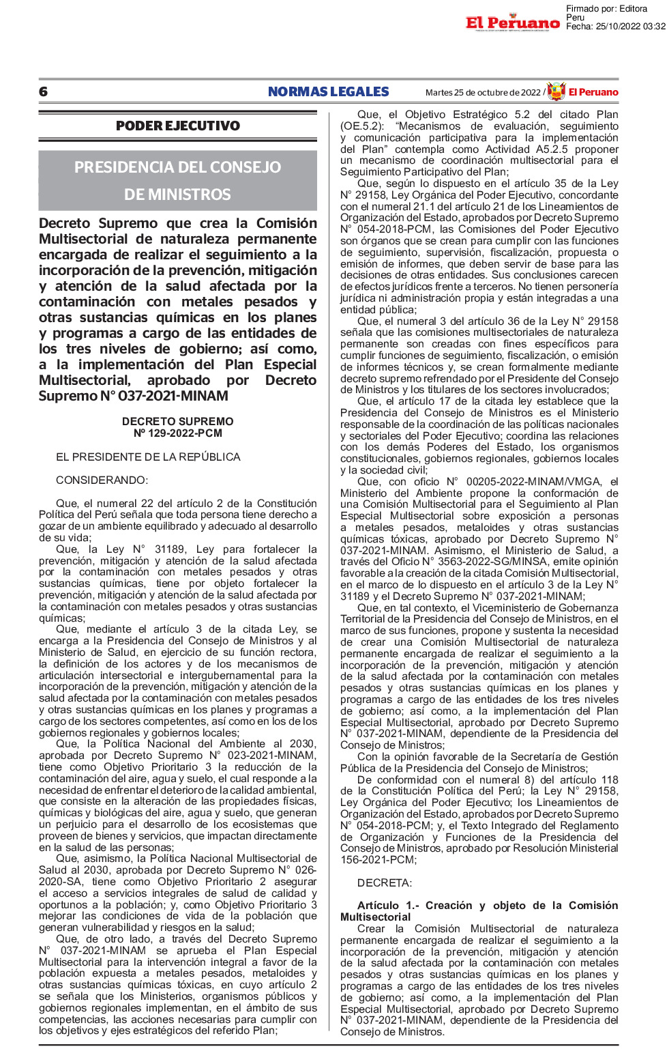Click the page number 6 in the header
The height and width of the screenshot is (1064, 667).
point(44,92)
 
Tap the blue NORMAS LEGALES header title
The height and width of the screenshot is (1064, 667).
point(328,92)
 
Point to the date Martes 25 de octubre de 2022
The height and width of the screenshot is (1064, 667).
point(483,93)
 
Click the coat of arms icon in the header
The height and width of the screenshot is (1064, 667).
point(557,91)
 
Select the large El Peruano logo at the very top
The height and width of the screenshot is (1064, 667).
point(512,23)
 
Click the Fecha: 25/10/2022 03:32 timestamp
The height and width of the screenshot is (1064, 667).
point(615,27)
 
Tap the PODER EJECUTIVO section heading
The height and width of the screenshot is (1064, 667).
point(178,126)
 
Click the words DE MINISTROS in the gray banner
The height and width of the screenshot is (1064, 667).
point(177,195)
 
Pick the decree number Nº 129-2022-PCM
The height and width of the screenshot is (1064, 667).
point(178,433)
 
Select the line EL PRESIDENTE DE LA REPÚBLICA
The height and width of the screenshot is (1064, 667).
point(148,457)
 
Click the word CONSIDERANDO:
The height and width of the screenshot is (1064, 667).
point(102,480)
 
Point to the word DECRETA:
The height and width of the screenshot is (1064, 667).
point(385,883)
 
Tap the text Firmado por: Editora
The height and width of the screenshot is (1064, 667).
point(606,9)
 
